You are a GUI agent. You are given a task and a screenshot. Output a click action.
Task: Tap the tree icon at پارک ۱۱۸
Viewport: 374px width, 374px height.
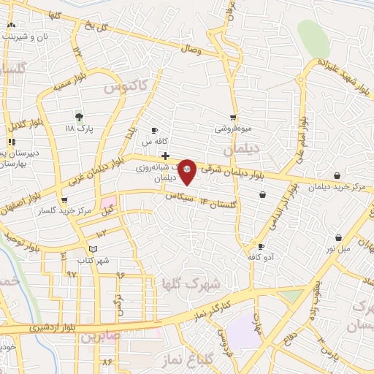[x=79, y=116]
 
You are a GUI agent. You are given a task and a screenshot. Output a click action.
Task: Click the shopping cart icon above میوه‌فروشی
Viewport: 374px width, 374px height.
[x=233, y=117]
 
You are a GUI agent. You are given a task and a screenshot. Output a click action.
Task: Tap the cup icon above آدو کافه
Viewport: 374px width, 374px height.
[x=262, y=247]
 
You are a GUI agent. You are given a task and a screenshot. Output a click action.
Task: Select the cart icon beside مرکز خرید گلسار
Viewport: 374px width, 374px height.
[x=64, y=199]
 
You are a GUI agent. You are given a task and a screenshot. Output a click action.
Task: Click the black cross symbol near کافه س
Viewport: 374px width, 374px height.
[x=166, y=156]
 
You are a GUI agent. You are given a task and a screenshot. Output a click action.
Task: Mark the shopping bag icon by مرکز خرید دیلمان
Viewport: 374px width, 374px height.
[x=337, y=175]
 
